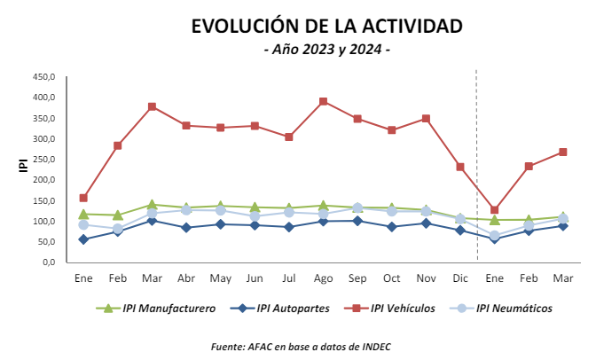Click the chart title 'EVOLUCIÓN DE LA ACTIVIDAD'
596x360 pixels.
click(x=326, y=27)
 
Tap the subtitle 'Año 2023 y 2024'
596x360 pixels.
click(x=327, y=50)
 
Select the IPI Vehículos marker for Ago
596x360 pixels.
click(x=324, y=101)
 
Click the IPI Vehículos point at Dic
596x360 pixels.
click(x=460, y=167)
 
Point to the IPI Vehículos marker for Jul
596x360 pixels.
click(x=289, y=137)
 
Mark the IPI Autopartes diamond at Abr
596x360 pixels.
click(x=186, y=228)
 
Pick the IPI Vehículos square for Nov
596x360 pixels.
click(x=426, y=118)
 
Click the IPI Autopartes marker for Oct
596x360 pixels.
click(x=392, y=227)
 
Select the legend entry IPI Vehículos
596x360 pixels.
click(x=394, y=309)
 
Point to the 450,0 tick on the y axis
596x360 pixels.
click(x=45, y=76)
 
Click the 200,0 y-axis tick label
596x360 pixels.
click(x=45, y=180)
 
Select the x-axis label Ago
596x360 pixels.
click(x=324, y=278)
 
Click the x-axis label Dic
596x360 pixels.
click(x=460, y=278)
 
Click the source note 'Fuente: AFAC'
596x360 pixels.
click(x=302, y=347)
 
